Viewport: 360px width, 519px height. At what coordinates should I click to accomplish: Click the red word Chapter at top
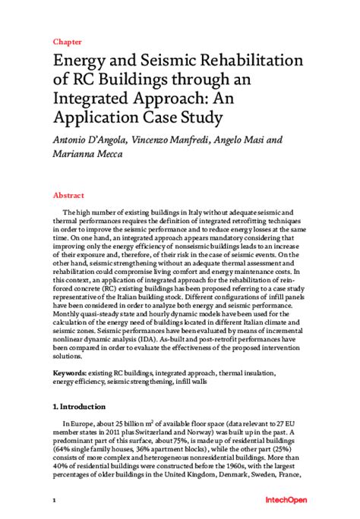pyautogui.click(x=68, y=42)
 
